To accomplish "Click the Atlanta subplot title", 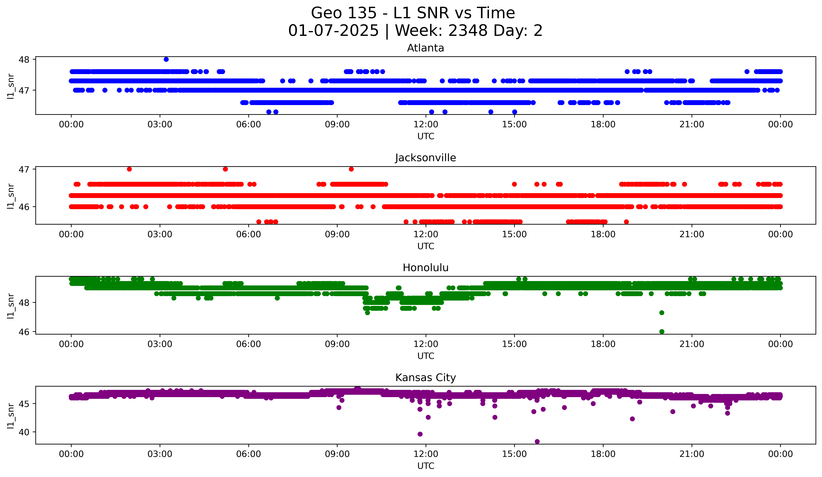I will coord(425,48).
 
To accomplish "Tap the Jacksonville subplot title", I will coord(425,158).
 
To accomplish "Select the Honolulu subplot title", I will coord(425,268).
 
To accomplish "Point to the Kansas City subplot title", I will coord(425,378).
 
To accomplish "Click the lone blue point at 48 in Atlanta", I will coord(166,59).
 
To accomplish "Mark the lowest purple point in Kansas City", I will coord(537,441).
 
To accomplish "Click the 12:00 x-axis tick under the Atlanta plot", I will coord(426,125).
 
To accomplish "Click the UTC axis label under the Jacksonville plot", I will coord(426,246).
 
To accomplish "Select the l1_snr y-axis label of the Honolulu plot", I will coord(11,306).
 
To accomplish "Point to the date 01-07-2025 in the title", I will coord(333,31).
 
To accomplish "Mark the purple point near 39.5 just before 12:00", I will coord(420,434).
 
